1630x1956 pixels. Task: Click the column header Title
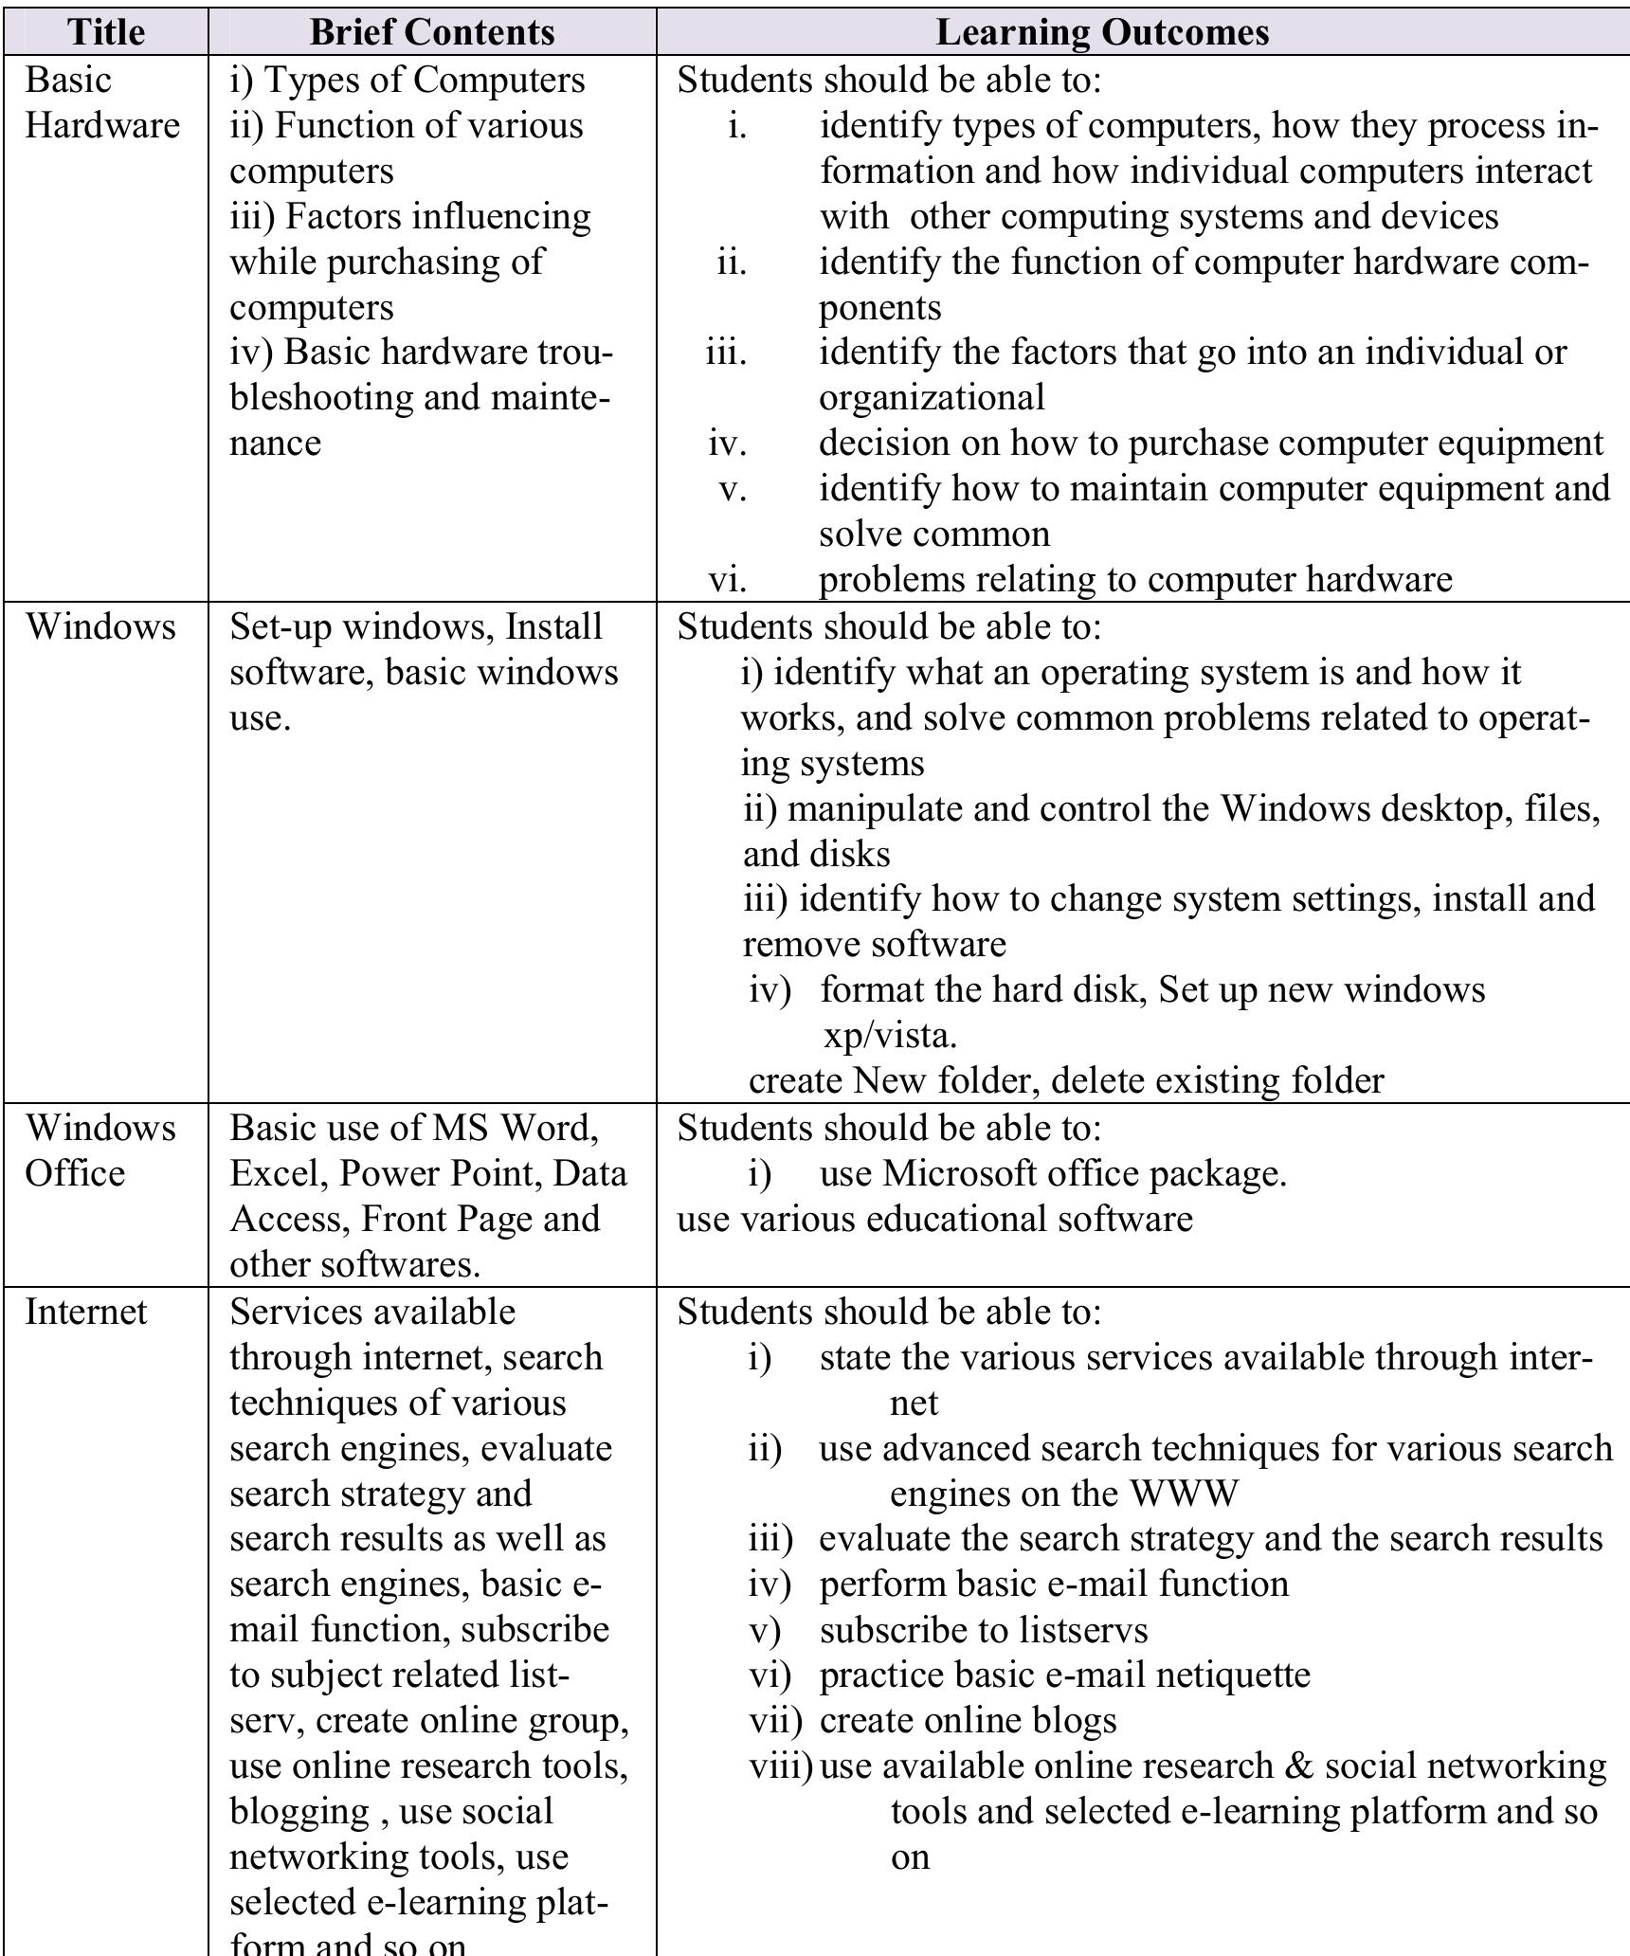pyautogui.click(x=107, y=31)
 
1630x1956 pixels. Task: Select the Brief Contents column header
pyautogui.click(x=431, y=31)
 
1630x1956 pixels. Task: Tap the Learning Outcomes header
pyautogui.click(x=1102, y=31)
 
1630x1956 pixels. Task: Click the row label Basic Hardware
pyautogui.click(x=101, y=102)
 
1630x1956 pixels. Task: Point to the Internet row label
pyautogui.click(x=86, y=1312)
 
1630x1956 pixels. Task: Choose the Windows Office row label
pyautogui.click(x=100, y=1150)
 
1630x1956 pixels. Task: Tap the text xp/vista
pyautogui.click(x=890, y=1035)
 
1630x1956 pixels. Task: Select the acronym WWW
pyautogui.click(x=1185, y=1494)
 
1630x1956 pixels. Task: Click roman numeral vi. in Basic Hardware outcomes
pyautogui.click(x=727, y=579)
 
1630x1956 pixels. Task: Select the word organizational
pyautogui.click(x=932, y=397)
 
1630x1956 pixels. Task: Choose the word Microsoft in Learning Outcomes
pyautogui.click(x=960, y=1173)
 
